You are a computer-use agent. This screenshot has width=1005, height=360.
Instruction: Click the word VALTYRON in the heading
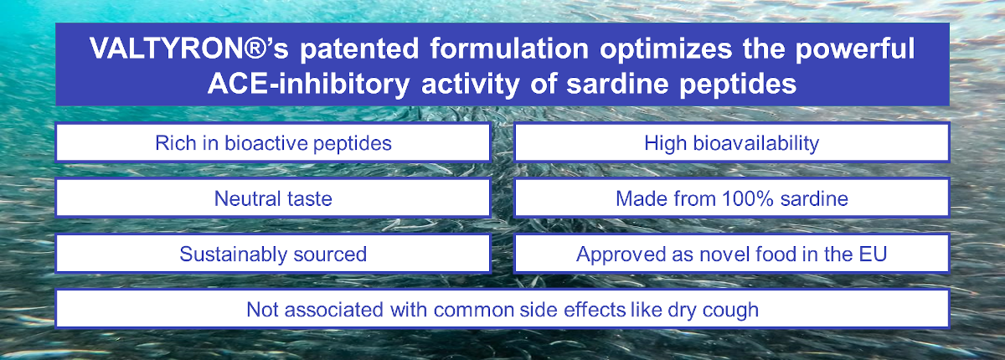166,48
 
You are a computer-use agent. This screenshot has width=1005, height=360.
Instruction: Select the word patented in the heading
359,49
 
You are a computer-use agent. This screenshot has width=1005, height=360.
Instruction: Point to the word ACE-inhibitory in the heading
309,84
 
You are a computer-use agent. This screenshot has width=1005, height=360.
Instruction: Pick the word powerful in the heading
855,48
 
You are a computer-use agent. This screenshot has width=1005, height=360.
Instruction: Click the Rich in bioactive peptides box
273,142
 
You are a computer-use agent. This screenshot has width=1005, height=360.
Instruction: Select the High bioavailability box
732,142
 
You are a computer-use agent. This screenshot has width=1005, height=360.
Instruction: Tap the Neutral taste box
273,198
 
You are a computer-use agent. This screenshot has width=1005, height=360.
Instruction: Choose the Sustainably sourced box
273,254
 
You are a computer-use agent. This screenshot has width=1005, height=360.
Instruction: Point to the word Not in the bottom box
262,310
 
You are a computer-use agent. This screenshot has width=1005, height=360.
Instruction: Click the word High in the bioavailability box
666,143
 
